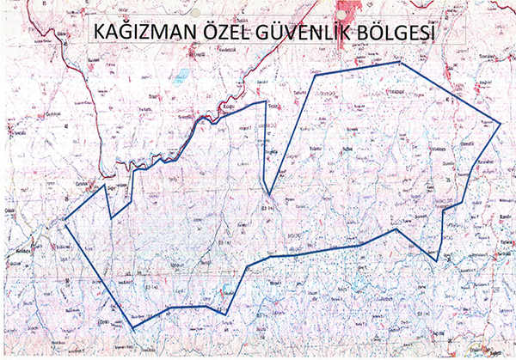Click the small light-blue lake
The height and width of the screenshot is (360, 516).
[181, 78]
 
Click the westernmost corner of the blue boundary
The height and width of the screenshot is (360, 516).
[64, 220]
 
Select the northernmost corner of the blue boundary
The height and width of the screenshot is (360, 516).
[399, 62]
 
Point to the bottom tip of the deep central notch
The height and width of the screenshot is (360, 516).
[269, 195]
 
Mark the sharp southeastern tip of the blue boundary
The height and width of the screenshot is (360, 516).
[436, 261]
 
